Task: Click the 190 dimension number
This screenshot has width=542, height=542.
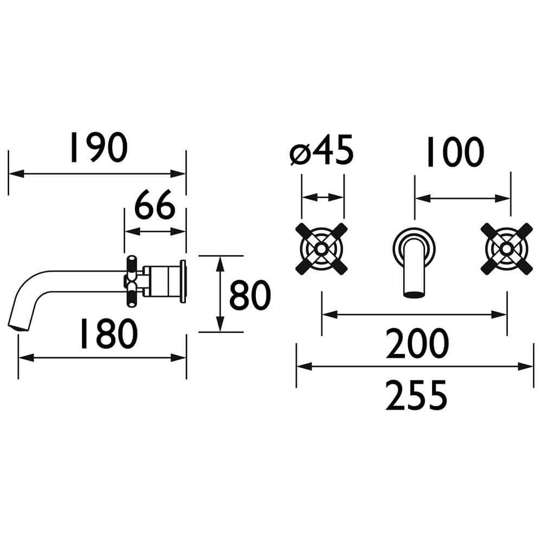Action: pyautogui.click(x=99, y=147)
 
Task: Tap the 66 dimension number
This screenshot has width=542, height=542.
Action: pyautogui.click(x=155, y=205)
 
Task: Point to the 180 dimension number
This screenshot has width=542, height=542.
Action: pyautogui.click(x=109, y=333)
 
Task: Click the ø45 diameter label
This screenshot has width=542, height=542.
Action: pyautogui.click(x=322, y=150)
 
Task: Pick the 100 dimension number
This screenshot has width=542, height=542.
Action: pyautogui.click(x=455, y=152)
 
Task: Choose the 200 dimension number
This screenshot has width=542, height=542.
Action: pyautogui.click(x=417, y=344)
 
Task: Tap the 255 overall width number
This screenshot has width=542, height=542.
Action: pyautogui.click(x=416, y=395)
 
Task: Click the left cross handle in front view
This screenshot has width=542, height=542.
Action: pyautogui.click(x=321, y=249)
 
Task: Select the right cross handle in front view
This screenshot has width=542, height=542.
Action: pyautogui.click(x=507, y=249)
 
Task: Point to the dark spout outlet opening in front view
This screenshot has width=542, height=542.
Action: pyautogui.click(x=414, y=294)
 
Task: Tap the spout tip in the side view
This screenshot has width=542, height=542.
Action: pyautogui.click(x=17, y=327)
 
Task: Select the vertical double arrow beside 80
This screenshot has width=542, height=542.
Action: pyautogui.click(x=220, y=294)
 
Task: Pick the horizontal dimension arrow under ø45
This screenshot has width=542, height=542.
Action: pyautogui.click(x=323, y=197)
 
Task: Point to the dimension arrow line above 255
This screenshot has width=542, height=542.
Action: pyautogui.click(x=415, y=366)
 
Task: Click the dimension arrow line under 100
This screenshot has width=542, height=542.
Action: pyautogui.click(x=462, y=198)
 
